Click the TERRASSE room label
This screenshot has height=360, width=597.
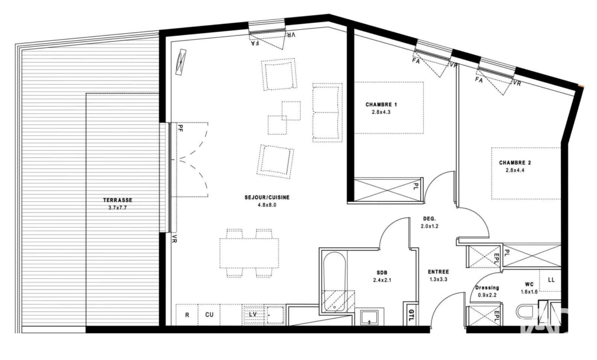(118, 200)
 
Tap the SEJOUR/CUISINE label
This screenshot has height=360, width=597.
(267, 197)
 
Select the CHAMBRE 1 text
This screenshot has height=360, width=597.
(381, 104)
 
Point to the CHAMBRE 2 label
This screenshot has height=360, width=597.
(515, 163)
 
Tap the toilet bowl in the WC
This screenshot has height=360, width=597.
(527, 312)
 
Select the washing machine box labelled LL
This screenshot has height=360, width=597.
(550, 281)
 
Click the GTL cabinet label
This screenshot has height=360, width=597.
(411, 314)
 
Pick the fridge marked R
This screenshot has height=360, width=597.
(187, 314)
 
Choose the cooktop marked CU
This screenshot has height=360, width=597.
(209, 314)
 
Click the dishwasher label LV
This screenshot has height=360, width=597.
(252, 314)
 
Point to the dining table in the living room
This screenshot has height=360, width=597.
(249, 253)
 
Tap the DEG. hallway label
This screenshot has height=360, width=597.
(430, 219)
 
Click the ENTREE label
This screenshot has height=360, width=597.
(438, 272)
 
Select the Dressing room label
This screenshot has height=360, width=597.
(487, 288)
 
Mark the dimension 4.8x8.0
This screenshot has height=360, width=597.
(266, 205)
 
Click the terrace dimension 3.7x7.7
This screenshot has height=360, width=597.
(118, 208)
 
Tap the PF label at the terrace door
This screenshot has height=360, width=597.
(181, 129)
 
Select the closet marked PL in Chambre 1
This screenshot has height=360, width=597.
(388, 188)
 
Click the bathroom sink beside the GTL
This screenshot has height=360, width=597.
(369, 318)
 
